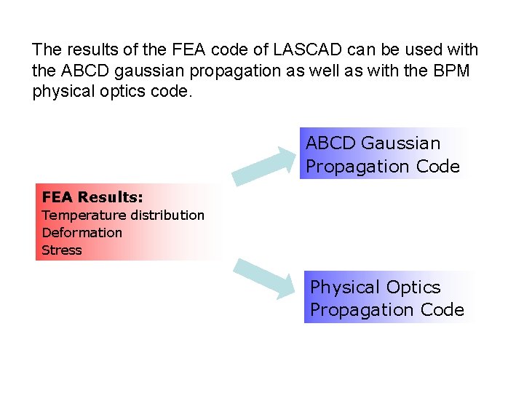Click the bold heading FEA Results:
tap(92, 197)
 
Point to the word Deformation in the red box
tap(82, 232)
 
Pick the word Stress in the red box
tap(62, 250)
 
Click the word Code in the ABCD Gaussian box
tap(438, 167)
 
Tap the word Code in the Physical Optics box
tap(442, 310)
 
